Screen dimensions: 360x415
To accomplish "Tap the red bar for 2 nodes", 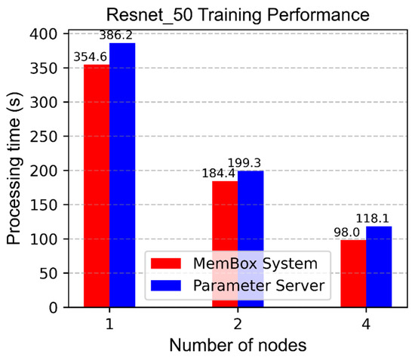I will tap(225, 226).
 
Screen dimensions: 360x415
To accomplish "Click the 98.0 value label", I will tap(346, 233).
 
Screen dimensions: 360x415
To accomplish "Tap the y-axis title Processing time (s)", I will tap(15, 170).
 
